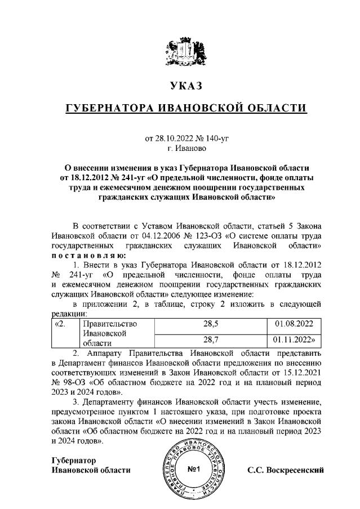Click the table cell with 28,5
[210, 324]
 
